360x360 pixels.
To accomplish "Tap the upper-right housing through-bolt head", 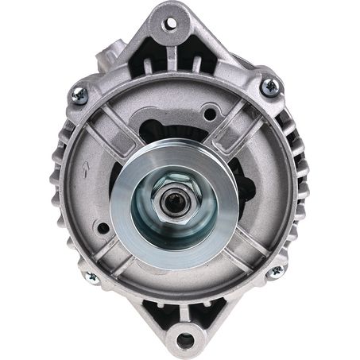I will click(271, 86).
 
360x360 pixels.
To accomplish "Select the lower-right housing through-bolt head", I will click(276, 271).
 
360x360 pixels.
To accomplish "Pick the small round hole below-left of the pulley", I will click(103, 229).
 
